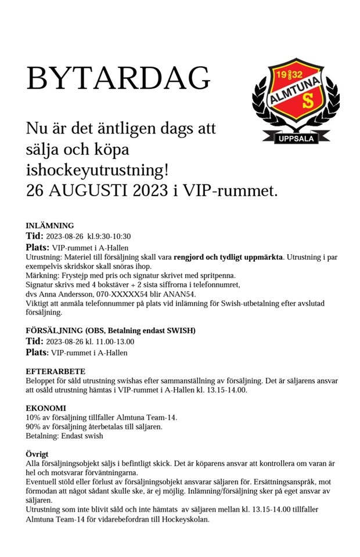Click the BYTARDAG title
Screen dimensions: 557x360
(118, 78)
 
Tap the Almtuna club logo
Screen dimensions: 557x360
(296, 99)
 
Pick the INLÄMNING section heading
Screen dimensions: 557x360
(50, 226)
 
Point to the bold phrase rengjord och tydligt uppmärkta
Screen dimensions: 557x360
(228, 256)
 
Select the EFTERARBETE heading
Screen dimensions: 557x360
(56, 371)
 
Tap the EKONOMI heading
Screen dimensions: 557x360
(46, 408)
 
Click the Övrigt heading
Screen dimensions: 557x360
(37, 454)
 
